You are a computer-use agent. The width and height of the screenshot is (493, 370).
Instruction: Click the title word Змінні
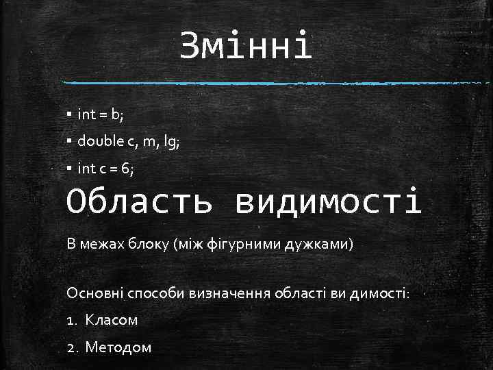[x=246, y=47]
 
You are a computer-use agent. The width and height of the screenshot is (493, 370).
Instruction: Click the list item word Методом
[x=118, y=347]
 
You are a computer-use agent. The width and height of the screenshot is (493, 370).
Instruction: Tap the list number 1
[x=71, y=320]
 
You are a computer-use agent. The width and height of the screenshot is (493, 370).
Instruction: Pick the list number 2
[x=71, y=347]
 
